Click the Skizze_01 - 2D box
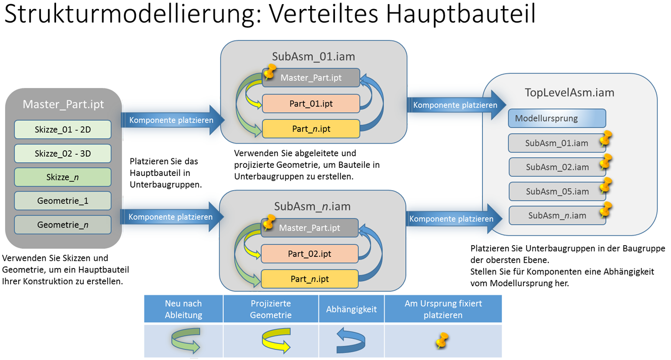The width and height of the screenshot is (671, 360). click(x=63, y=129)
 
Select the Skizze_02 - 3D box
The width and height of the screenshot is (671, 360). click(x=63, y=154)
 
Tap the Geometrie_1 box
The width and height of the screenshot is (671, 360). click(x=63, y=201)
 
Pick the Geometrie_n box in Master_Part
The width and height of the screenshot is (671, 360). click(x=63, y=224)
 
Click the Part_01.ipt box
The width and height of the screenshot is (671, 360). click(x=311, y=104)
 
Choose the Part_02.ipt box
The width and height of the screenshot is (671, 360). click(x=310, y=254)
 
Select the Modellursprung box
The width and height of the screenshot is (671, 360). click(x=557, y=118)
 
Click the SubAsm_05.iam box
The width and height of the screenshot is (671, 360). click(x=557, y=191)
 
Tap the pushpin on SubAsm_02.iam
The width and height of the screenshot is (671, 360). click(x=605, y=162)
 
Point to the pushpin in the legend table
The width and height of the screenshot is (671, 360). click(x=442, y=341)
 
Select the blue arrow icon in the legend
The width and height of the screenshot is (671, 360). click(x=351, y=340)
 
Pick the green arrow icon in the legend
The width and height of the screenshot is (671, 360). click(x=185, y=340)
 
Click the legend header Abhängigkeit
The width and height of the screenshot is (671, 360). click(x=351, y=309)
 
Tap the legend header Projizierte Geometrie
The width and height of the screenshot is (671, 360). click(x=271, y=309)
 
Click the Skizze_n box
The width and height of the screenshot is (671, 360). click(x=63, y=177)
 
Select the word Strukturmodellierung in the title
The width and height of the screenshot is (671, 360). click(x=133, y=14)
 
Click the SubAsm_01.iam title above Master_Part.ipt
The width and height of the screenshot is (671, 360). click(x=313, y=56)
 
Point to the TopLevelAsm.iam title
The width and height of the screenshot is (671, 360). click(x=569, y=93)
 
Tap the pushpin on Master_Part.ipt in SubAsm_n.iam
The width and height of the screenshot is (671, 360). click(x=269, y=222)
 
